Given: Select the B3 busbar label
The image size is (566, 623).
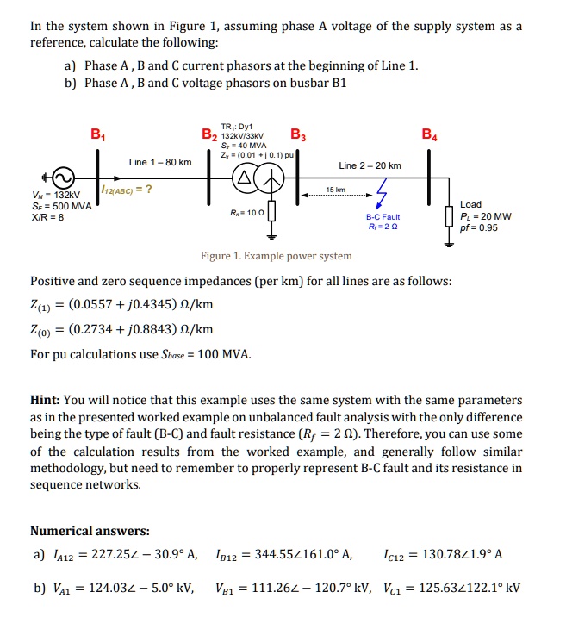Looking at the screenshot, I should (x=297, y=134).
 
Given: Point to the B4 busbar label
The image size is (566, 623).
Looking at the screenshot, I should (x=429, y=134).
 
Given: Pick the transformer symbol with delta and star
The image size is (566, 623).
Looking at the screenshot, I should (x=256, y=178).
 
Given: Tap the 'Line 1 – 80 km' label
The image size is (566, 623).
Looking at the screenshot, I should (x=159, y=163).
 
